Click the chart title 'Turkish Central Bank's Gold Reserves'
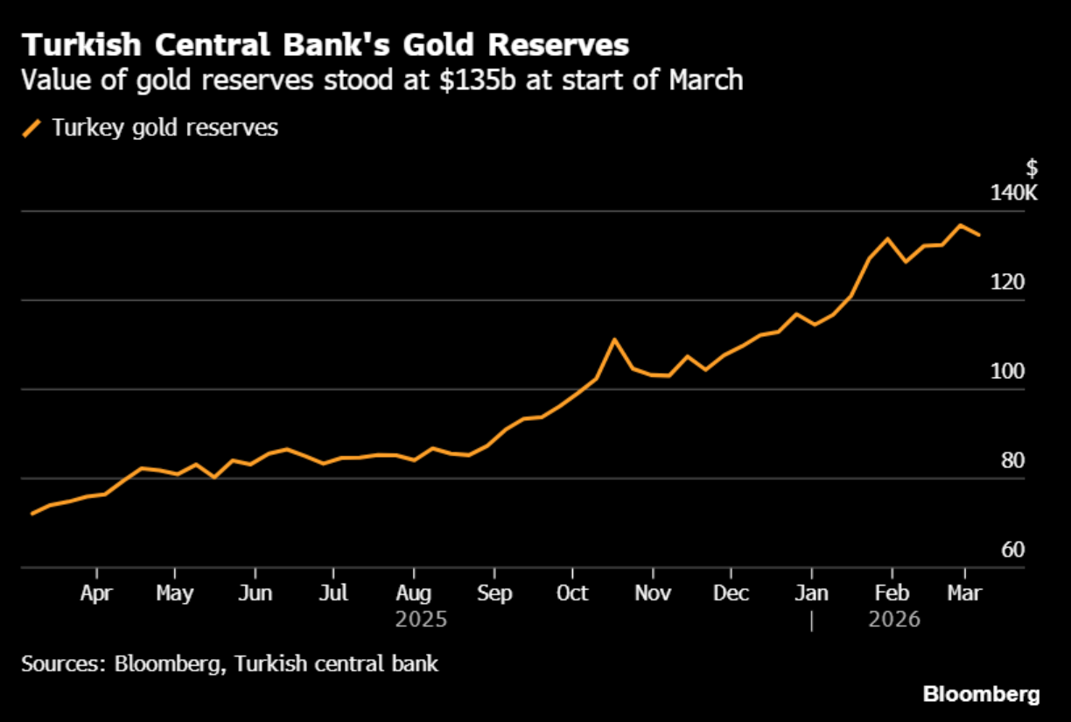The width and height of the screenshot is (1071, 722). click(x=325, y=45)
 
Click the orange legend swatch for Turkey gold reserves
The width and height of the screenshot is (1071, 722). click(x=32, y=128)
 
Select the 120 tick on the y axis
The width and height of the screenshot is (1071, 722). click(x=1007, y=282)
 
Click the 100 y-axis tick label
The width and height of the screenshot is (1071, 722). click(x=1007, y=371)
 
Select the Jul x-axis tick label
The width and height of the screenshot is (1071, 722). click(x=333, y=593)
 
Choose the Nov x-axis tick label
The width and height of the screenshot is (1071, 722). click(x=653, y=593)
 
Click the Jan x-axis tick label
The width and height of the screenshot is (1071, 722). click(x=812, y=593)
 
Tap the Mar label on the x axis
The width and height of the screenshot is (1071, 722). click(x=964, y=593)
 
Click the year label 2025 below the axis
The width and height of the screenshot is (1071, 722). click(x=421, y=620)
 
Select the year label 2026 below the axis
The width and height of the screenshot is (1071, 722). click(x=894, y=620)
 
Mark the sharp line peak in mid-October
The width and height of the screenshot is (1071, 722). click(x=614, y=340)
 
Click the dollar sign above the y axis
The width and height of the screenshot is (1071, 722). click(x=1032, y=168)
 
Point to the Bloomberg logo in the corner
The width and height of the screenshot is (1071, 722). click(x=982, y=695)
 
